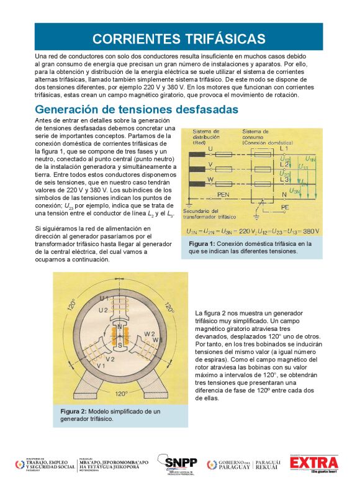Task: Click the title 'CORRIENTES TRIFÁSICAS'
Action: [179, 38]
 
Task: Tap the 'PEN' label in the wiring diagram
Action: [224, 194]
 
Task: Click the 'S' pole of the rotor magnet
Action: [120, 343]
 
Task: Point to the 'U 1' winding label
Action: [104, 299]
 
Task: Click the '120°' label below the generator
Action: [121, 393]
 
